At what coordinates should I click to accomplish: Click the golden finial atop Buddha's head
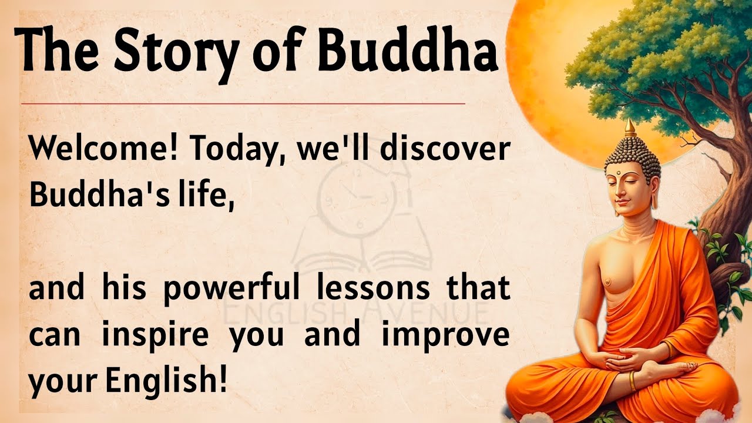tap(630, 127)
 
